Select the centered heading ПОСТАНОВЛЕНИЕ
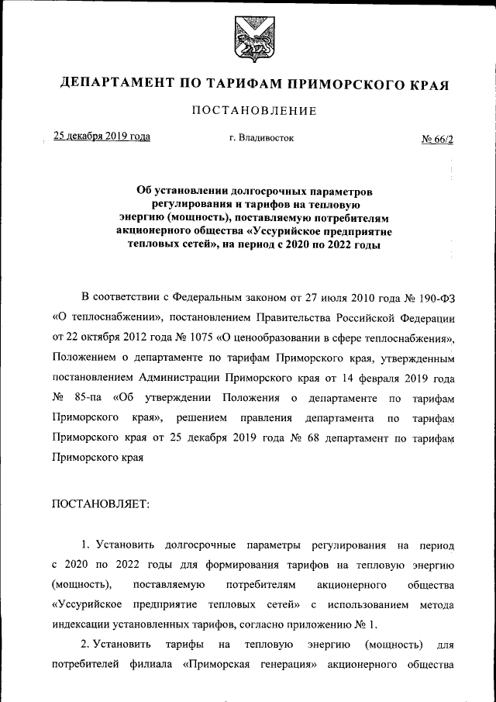click(x=254, y=111)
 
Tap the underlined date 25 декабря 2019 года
click(x=101, y=137)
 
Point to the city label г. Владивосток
click(x=256, y=138)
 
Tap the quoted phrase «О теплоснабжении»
click(x=105, y=318)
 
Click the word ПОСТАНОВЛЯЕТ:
click(x=100, y=503)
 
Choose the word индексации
click(x=84, y=624)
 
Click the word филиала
click(x=145, y=665)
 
